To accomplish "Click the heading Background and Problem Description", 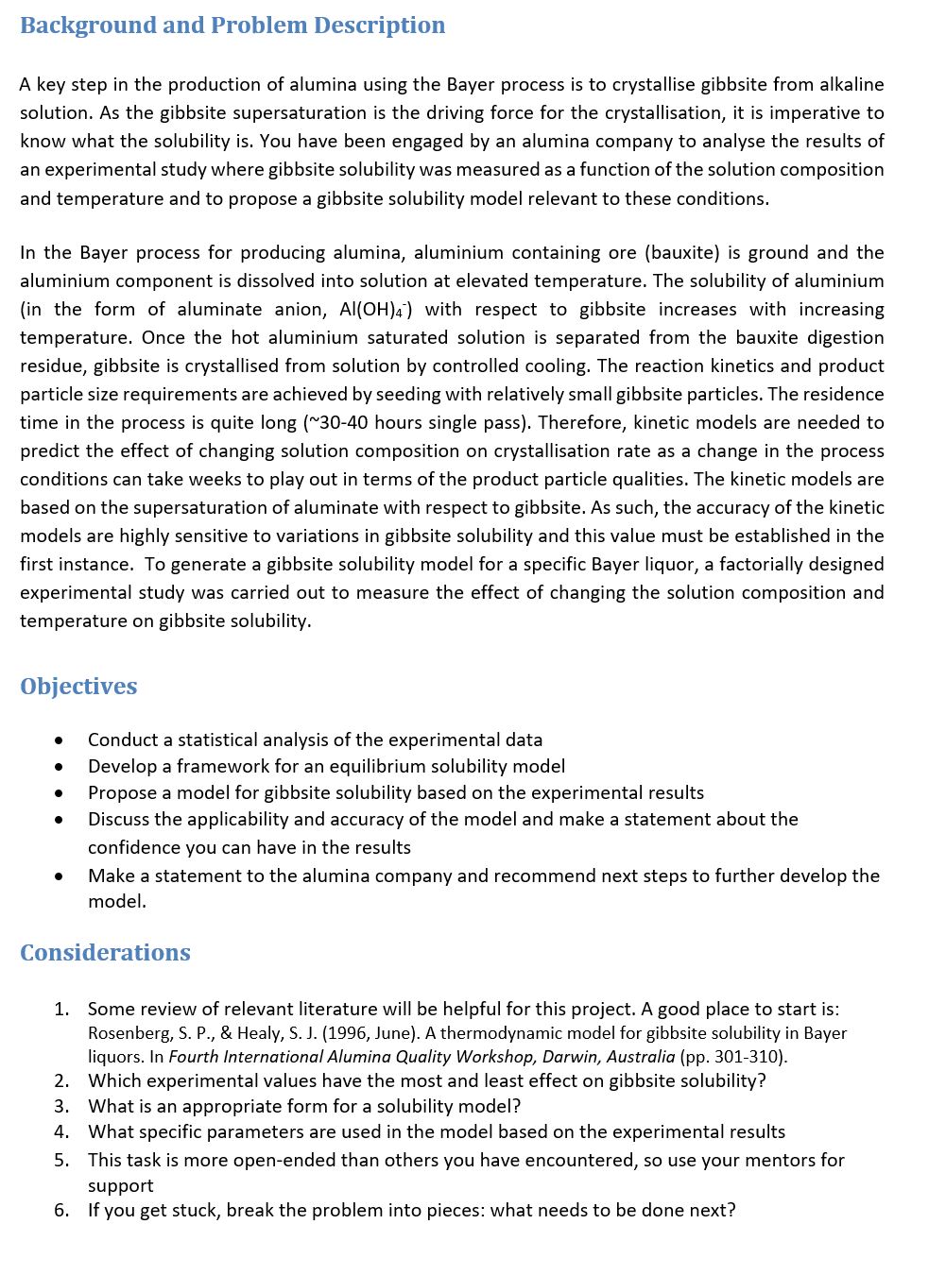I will click(232, 25).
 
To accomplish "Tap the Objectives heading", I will click(78, 687).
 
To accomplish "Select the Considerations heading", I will click(105, 953).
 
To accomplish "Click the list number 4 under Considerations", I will click(61, 1131).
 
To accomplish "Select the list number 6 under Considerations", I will click(61, 1210).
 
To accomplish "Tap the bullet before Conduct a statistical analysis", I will click(60, 740).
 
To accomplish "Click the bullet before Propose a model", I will click(60, 793).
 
